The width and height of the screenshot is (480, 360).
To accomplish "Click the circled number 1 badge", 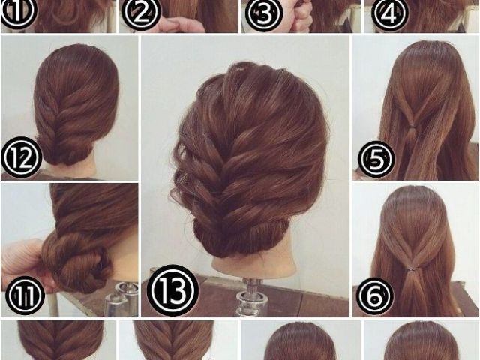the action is click(x=18, y=12).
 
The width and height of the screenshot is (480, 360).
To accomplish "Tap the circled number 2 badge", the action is click(x=141, y=13).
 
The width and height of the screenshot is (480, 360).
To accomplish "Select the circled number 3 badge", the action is click(x=263, y=13).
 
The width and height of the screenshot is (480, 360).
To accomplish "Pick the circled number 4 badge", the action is click(x=390, y=13).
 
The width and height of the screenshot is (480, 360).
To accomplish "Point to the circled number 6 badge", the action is click(x=375, y=295).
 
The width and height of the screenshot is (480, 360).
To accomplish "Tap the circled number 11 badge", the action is click(x=25, y=295).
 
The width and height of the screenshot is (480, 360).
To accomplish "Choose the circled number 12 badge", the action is click(x=21, y=157).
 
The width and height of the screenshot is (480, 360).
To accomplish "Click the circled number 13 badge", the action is click(x=173, y=290).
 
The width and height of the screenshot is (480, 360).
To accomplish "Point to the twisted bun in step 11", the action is click(x=76, y=262).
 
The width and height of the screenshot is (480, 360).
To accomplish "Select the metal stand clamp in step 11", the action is click(x=121, y=299).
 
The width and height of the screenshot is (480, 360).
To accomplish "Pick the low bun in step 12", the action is click(x=65, y=153).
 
